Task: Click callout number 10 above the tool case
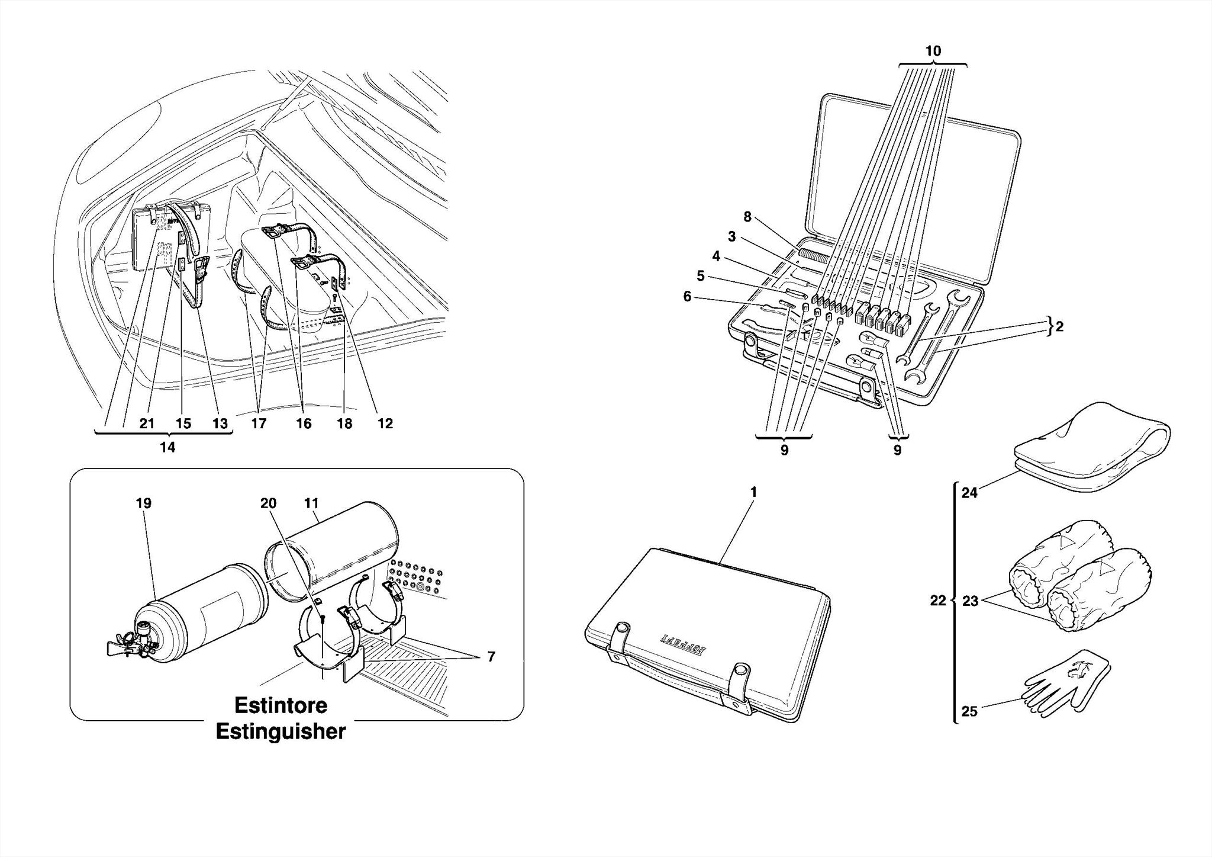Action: pyautogui.click(x=933, y=52)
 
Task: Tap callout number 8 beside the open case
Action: pyautogui.click(x=747, y=217)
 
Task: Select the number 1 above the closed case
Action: pyautogui.click(x=753, y=492)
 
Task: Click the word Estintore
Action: pyautogui.click(x=281, y=705)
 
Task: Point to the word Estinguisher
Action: pyautogui.click(x=281, y=731)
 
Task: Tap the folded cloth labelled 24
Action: pyautogui.click(x=1089, y=450)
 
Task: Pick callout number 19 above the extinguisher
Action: pyautogui.click(x=143, y=503)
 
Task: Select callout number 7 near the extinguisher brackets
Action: pyautogui.click(x=491, y=657)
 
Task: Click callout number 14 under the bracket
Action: pyautogui.click(x=167, y=448)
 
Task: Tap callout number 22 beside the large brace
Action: pyautogui.click(x=937, y=601)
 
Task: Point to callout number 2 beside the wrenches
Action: pyautogui.click(x=1059, y=326)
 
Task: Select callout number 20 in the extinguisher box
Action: pyautogui.click(x=268, y=503)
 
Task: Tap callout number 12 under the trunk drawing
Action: pyautogui.click(x=385, y=423)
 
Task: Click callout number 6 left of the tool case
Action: pyautogui.click(x=687, y=296)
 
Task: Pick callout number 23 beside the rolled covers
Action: pyautogui.click(x=970, y=601)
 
